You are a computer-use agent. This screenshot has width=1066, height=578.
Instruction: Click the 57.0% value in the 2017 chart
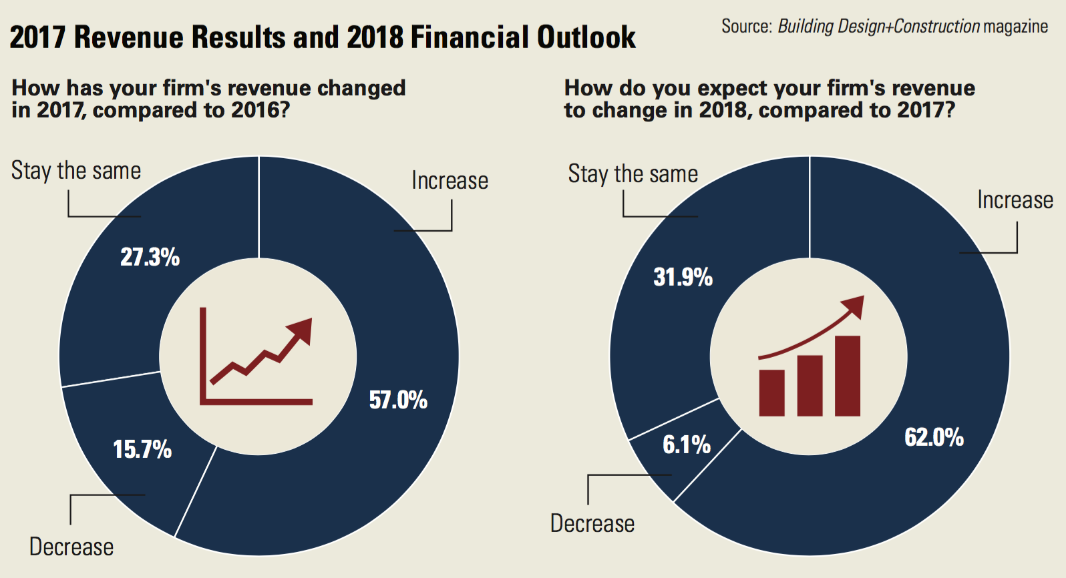point(398,400)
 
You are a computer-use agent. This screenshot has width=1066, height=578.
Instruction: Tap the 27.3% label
point(150,257)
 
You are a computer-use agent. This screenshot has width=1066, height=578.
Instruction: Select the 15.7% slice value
point(142,449)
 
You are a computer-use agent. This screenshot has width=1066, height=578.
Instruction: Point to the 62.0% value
point(934,438)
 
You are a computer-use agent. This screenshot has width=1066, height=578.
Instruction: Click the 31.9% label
point(683,277)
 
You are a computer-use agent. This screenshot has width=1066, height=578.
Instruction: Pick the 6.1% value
point(686,445)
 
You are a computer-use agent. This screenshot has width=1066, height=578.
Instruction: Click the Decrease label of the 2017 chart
point(71,547)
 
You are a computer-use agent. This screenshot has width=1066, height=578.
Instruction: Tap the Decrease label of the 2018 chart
point(592,524)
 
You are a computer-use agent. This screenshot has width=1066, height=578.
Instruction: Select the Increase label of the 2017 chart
point(450,181)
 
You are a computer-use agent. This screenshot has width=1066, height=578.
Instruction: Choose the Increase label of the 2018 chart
point(1015,200)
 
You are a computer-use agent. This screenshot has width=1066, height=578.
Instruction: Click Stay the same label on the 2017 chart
point(76,171)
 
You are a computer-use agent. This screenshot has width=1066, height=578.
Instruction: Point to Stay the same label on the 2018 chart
point(633,174)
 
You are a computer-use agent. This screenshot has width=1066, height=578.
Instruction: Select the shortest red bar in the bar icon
point(771,393)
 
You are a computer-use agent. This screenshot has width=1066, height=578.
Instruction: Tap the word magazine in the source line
point(1015,27)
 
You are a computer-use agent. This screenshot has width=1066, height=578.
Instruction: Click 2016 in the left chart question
point(256,110)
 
